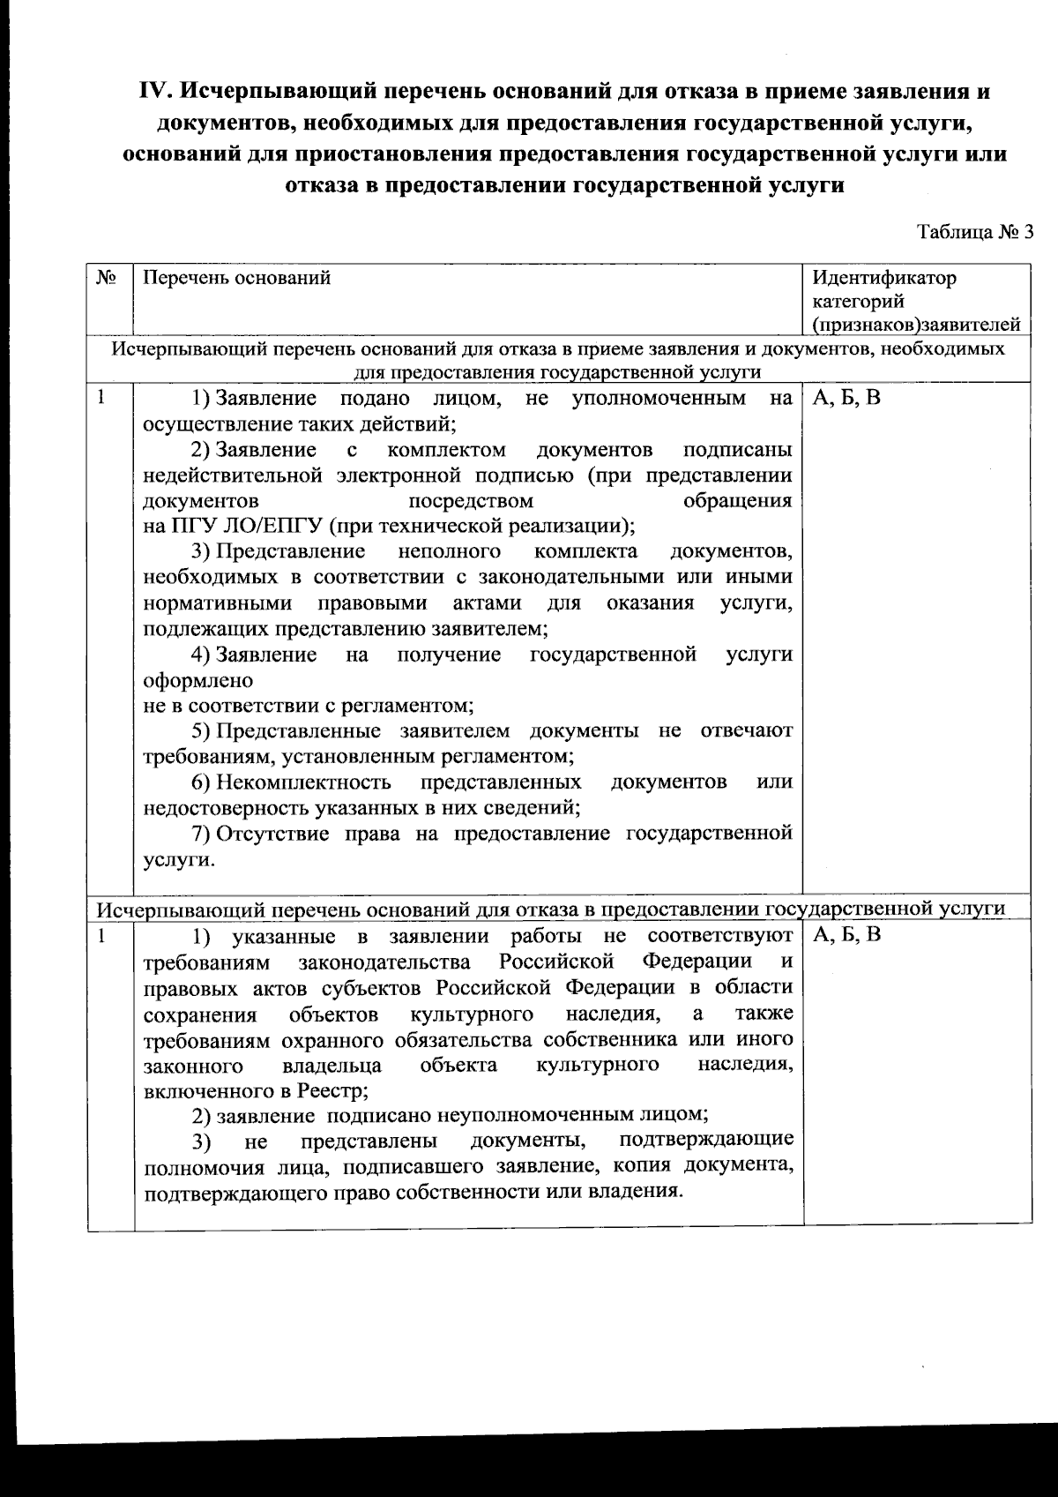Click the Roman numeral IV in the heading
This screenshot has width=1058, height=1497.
click(x=158, y=91)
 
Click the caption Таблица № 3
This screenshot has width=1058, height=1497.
click(x=974, y=232)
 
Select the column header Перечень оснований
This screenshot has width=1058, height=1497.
click(x=237, y=279)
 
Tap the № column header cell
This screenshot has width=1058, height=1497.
click(x=108, y=279)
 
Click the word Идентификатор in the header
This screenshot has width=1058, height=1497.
click(x=884, y=279)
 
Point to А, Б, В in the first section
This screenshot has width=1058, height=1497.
click(x=846, y=399)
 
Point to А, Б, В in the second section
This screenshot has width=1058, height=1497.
click(x=846, y=935)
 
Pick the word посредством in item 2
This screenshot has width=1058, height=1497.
click(x=472, y=501)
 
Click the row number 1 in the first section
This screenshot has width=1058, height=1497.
click(x=102, y=398)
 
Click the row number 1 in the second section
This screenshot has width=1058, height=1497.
click(x=102, y=935)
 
